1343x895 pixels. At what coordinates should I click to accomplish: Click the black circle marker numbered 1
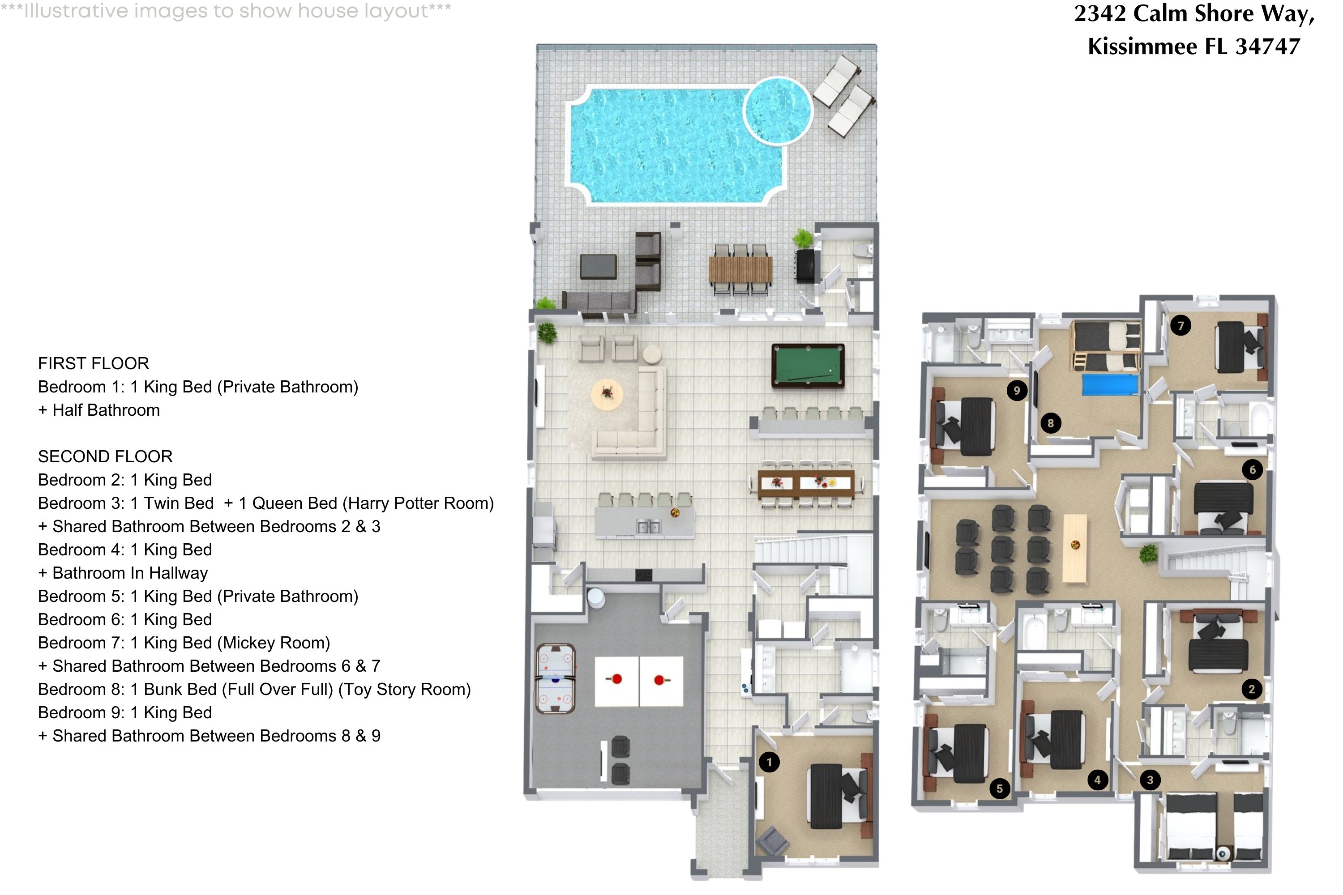click(x=769, y=762)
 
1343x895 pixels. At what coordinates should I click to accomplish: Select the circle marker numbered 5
click(x=999, y=789)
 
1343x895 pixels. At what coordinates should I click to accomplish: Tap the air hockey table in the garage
click(x=556, y=679)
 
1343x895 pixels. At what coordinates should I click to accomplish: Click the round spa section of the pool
click(x=778, y=111)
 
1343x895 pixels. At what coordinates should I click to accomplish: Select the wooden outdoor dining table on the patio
click(x=740, y=269)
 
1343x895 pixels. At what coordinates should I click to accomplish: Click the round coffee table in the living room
click(x=607, y=394)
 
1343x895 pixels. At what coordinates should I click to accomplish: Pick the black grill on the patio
click(x=806, y=265)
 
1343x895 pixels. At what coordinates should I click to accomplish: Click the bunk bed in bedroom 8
click(x=1107, y=345)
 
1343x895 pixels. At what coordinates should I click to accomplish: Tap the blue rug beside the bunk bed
click(x=1111, y=385)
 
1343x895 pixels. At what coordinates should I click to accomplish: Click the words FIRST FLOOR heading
click(x=94, y=363)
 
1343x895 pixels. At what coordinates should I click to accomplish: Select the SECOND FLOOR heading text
click(x=105, y=456)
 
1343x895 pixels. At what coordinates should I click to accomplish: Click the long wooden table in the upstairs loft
click(x=1075, y=548)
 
